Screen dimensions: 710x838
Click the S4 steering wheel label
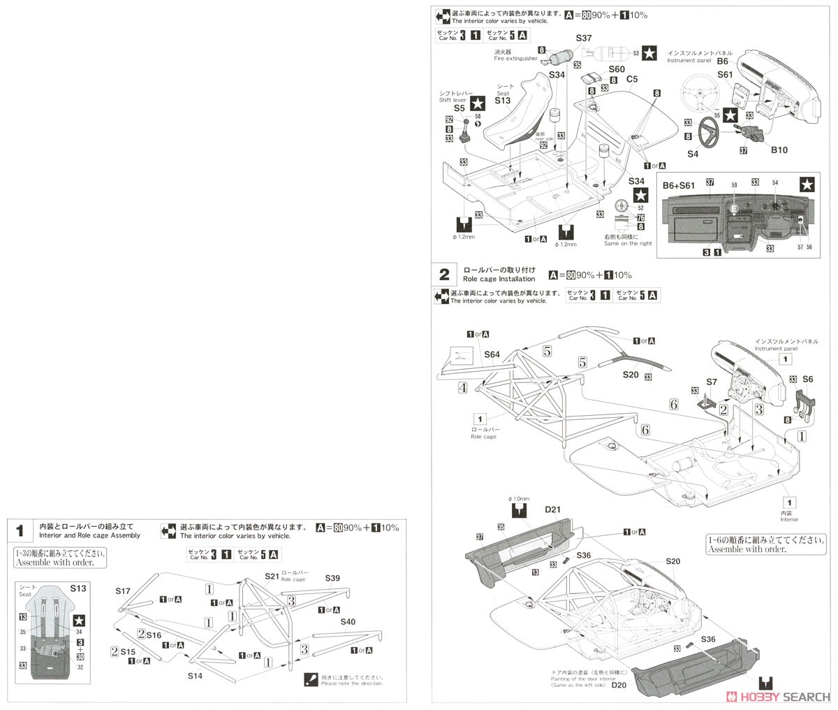point(693,153)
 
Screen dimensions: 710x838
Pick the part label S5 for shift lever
point(459,108)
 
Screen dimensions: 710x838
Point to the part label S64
point(493,355)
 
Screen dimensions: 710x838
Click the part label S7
point(711,382)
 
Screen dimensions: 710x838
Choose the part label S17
point(123,591)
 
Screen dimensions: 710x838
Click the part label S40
point(348,621)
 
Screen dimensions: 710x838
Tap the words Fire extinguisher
point(513,59)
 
